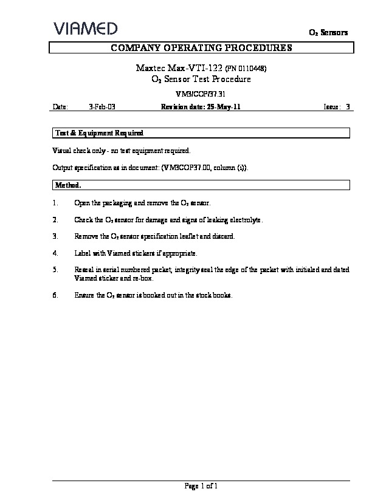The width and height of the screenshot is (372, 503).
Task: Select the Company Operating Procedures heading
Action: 201,48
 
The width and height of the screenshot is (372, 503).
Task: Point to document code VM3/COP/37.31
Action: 200,94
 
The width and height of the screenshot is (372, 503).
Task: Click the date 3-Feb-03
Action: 102,107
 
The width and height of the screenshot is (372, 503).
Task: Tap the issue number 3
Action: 348,107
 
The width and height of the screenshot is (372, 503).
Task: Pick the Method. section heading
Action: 68,185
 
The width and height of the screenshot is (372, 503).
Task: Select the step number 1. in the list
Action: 55,202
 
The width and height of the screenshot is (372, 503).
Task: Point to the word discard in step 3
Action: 224,236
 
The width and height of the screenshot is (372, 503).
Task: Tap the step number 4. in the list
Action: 55,253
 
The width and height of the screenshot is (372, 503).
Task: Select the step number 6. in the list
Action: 55,295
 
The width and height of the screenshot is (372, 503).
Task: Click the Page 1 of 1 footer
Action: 201,486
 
